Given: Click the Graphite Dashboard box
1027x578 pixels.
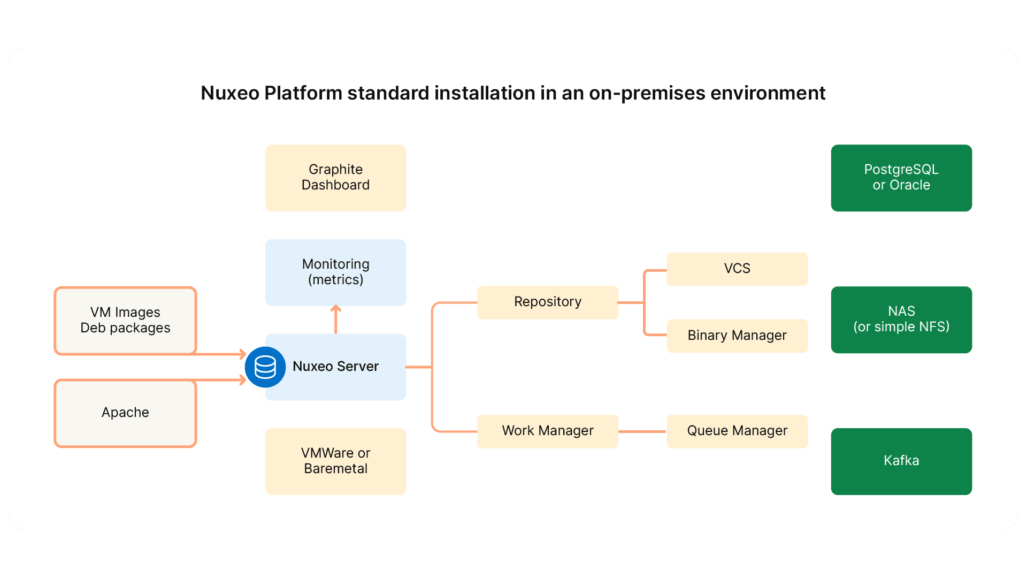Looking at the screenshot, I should (335, 178).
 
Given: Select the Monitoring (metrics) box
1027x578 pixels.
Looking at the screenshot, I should (335, 272).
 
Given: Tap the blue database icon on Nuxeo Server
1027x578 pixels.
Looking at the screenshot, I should (265, 367).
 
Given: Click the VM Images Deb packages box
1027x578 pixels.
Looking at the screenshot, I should (125, 320).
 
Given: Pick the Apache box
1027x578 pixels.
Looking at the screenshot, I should (125, 413).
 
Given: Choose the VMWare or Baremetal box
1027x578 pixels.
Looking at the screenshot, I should (335, 461).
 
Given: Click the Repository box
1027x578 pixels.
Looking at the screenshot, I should (547, 302).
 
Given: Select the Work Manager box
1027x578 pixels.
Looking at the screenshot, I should (547, 431).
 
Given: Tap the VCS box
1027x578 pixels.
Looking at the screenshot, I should (737, 269).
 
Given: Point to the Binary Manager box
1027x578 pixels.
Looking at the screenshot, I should (737, 336).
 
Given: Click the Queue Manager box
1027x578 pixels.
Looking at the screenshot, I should (737, 431).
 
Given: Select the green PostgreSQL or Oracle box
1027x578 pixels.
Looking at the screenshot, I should (901, 178).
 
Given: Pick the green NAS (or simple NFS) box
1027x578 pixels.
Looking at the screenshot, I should (901, 320).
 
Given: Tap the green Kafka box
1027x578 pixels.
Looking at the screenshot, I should (901, 461).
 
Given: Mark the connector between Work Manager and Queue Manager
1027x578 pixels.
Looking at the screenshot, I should (642, 431).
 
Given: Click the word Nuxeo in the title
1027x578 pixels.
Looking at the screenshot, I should (230, 93).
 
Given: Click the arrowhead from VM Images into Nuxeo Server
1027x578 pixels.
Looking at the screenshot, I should (242, 354).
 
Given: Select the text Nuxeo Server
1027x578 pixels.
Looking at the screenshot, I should (335, 367).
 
